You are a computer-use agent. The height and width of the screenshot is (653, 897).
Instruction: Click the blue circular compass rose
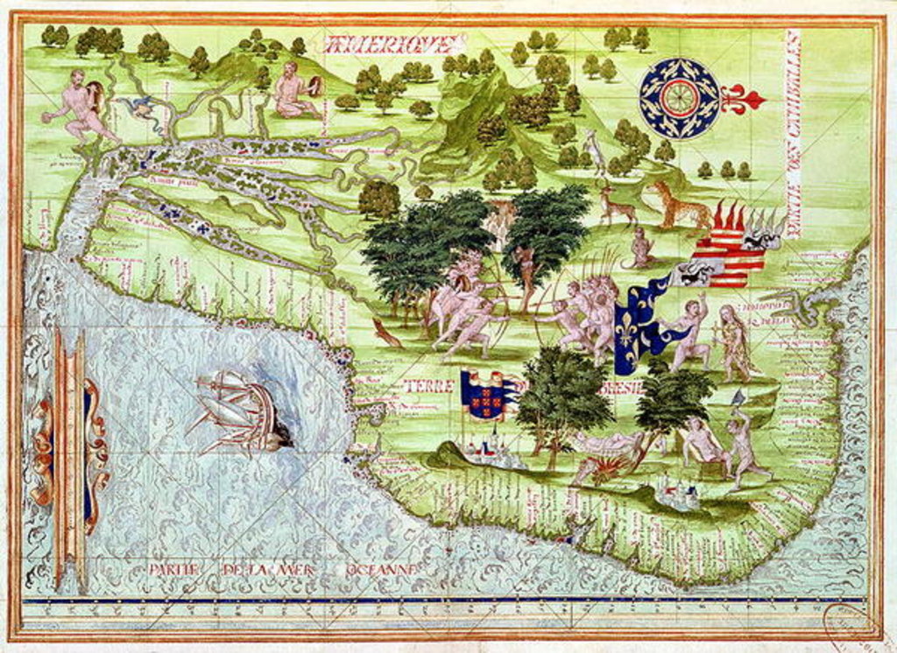[679, 97]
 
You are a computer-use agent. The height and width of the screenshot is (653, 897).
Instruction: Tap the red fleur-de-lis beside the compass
[743, 100]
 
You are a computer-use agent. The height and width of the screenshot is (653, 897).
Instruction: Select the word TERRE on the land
[430, 386]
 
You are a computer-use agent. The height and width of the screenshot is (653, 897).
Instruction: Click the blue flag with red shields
[490, 394]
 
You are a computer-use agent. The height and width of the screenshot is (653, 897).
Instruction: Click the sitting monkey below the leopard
[639, 249]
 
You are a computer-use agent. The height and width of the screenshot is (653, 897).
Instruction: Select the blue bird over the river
[138, 108]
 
